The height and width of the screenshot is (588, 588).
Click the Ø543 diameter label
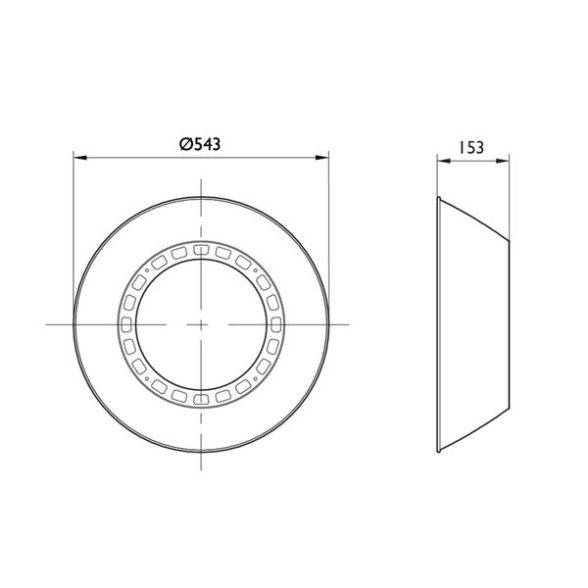coord(200,144)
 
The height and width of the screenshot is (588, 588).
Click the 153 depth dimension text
coord(471,148)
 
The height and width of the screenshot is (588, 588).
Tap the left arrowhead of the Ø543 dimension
coord(80,158)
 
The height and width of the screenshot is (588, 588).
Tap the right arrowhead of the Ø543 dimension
coord(322,158)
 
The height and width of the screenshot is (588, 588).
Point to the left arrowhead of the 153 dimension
coord(444,161)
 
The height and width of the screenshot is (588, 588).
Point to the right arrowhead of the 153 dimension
coord(503,161)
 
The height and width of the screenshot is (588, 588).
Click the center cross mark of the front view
coord(201,324)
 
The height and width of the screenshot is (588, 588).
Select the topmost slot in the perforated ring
coord(201,249)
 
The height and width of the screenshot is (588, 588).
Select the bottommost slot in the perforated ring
coord(201,399)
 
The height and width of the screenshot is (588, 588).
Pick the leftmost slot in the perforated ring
coord(126,324)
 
